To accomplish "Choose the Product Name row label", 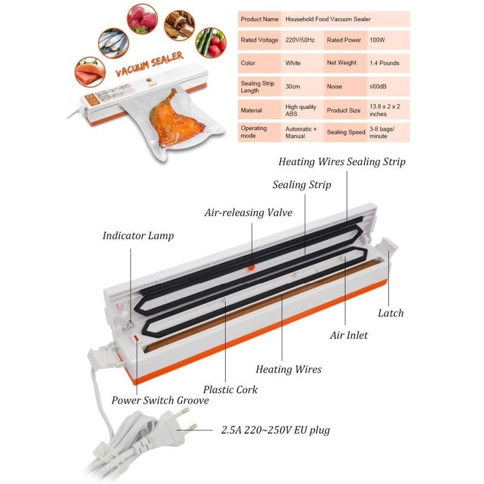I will point(260,19).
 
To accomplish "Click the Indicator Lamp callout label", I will point(138,235).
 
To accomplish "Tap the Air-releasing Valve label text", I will point(248,212).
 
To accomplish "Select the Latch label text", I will point(390,313).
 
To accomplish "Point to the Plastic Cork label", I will point(230,389).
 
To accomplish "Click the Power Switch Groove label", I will point(160,400).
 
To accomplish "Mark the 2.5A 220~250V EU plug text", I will point(275,431).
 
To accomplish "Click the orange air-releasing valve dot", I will point(252,267).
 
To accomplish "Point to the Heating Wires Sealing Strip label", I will point(342,162).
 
